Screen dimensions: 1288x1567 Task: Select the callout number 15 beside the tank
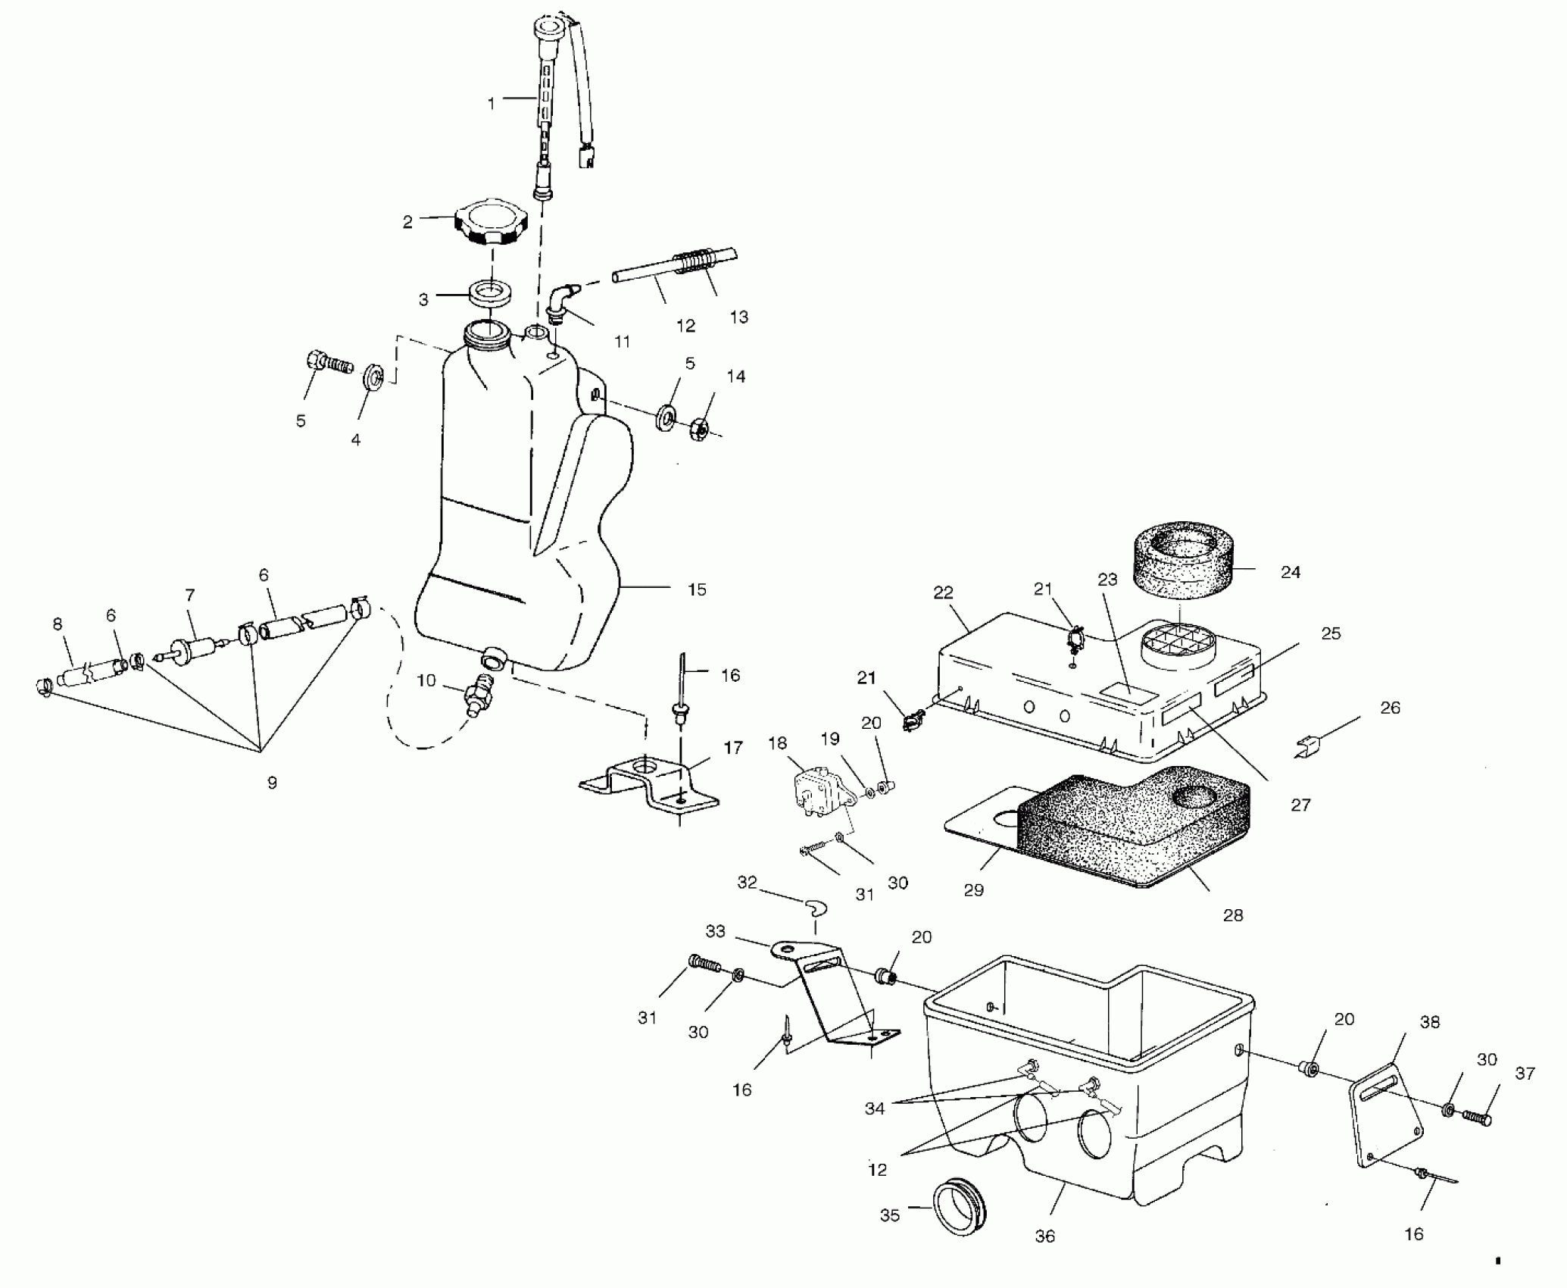coord(697,589)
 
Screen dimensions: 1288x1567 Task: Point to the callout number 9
coord(272,783)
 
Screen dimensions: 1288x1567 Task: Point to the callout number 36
coord(1044,1236)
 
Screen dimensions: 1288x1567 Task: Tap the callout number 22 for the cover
coord(943,592)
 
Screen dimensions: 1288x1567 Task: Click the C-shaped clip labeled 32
coord(816,907)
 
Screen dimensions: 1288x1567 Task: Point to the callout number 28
coord(1233,915)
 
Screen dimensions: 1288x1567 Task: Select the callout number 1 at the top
coord(492,103)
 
